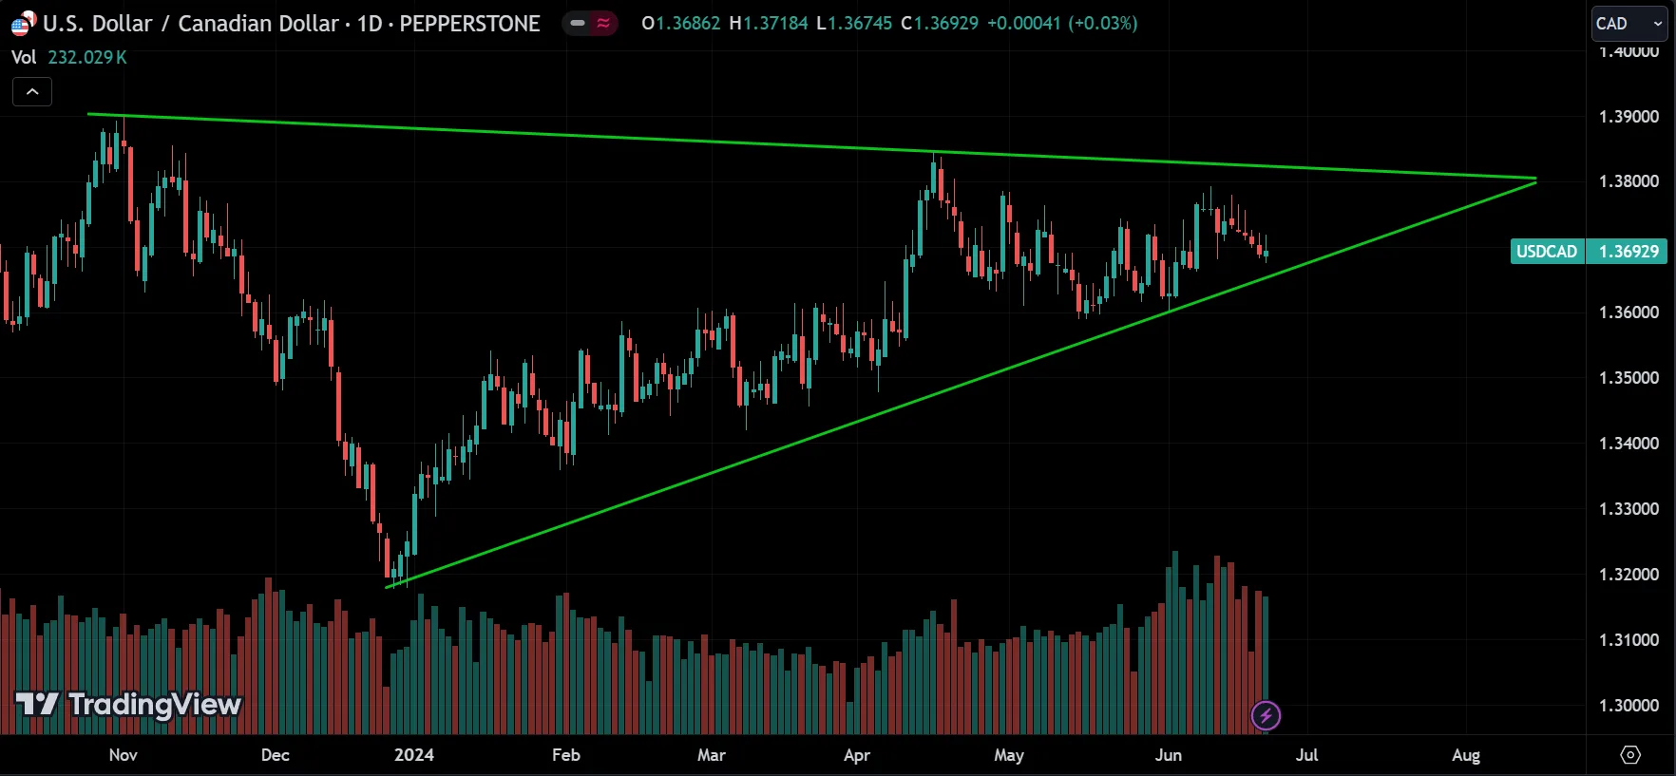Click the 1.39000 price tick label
[1628, 117]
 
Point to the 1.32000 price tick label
[1628, 575]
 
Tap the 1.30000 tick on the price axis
[1628, 706]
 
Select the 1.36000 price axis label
[1628, 312]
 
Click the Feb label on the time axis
[565, 755]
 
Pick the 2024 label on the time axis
[413, 755]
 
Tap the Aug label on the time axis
[1466, 755]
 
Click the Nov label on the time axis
[123, 755]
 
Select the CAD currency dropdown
[1628, 24]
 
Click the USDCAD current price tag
[1588, 252]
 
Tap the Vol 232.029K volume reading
[69, 58]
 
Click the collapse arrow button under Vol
[32, 92]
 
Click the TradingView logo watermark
[129, 705]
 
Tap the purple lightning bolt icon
[1266, 715]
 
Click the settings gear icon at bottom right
[1630, 755]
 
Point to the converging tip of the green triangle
[1535, 179]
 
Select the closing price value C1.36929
[940, 24]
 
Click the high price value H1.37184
[769, 24]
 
